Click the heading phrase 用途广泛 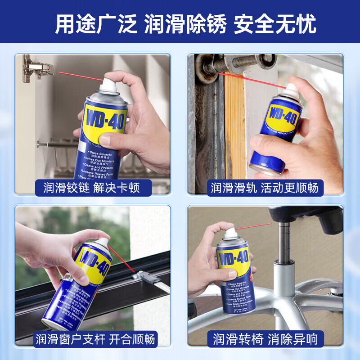[x=95, y=25]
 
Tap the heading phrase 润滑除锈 [x=185, y=25]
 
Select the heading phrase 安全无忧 [x=275, y=25]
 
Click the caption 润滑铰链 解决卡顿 [x=92, y=187]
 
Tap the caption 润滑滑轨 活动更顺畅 [x=265, y=187]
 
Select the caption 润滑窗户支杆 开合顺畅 [x=96, y=338]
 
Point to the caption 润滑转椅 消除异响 [x=265, y=338]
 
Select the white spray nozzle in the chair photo [x=229, y=232]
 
